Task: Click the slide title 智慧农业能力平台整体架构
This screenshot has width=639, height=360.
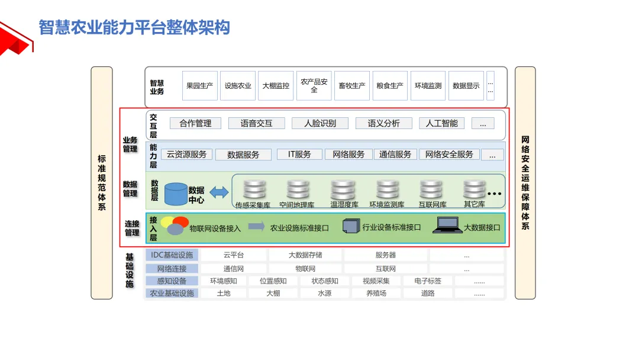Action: pyautogui.click(x=134, y=27)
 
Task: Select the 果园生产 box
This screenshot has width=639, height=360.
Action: pyautogui.click(x=200, y=86)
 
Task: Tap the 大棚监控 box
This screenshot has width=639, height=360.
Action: pyautogui.click(x=276, y=86)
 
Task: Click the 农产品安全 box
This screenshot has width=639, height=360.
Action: pyautogui.click(x=314, y=86)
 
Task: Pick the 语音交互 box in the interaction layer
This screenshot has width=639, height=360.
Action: pyautogui.click(x=256, y=123)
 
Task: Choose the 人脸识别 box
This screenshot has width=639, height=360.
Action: pyautogui.click(x=320, y=123)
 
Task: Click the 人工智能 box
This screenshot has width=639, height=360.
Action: pyautogui.click(x=441, y=123)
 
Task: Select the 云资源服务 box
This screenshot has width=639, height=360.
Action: pyautogui.click(x=186, y=155)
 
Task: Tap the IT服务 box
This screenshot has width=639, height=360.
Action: pyautogui.click(x=299, y=155)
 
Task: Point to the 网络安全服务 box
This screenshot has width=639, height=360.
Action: pyautogui.click(x=449, y=155)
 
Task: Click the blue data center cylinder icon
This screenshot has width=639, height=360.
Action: pyautogui.click(x=176, y=194)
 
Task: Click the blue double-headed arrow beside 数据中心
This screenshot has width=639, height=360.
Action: pyautogui.click(x=218, y=192)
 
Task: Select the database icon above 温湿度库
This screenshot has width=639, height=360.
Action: pyautogui.click(x=343, y=189)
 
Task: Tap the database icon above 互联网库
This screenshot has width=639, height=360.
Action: pyautogui.click(x=431, y=189)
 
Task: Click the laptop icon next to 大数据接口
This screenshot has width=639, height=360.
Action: pyautogui.click(x=447, y=226)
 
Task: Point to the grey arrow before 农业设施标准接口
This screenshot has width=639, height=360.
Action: pyautogui.click(x=256, y=226)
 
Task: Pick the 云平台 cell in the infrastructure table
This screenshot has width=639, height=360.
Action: pyautogui.click(x=233, y=255)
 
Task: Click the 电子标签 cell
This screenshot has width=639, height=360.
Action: pyautogui.click(x=427, y=281)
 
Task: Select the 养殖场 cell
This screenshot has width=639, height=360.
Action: pyautogui.click(x=376, y=293)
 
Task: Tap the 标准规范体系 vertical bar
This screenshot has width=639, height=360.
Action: pyautogui.click(x=102, y=183)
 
